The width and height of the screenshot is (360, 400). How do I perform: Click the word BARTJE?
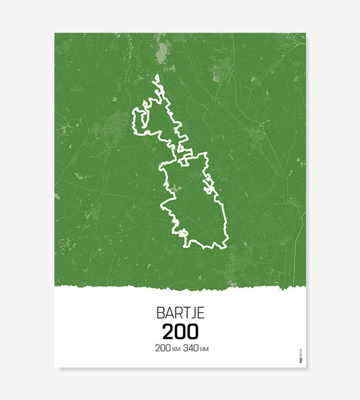click(x=180, y=314)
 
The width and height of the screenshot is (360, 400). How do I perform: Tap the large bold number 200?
click(x=180, y=332)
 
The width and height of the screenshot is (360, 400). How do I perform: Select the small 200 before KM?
click(x=162, y=349)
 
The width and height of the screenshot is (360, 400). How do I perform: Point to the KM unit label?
click(x=176, y=349)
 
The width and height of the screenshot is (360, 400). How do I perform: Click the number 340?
click(x=192, y=349)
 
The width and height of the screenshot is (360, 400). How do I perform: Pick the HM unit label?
click(x=207, y=349)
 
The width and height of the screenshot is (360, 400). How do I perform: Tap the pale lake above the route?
click(x=161, y=52)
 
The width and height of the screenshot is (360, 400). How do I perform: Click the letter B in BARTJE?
click(x=161, y=314)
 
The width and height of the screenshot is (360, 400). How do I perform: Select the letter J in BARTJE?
click(x=193, y=314)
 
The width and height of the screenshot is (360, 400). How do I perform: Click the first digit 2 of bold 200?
click(x=168, y=332)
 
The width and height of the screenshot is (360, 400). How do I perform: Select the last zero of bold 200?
click(x=192, y=332)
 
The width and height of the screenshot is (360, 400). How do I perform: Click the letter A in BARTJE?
click(x=169, y=314)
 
